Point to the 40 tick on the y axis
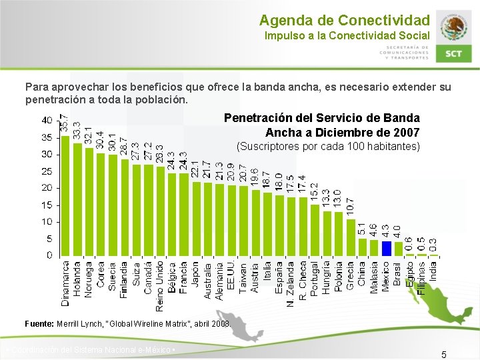(x=47, y=120)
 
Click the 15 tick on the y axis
(x=47, y=222)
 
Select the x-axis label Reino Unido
(x=160, y=283)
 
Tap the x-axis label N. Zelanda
(x=291, y=283)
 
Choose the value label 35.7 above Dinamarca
(x=65, y=122)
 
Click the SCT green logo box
(x=454, y=54)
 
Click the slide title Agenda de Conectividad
(x=345, y=21)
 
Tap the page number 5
(x=443, y=354)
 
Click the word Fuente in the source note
(x=39, y=323)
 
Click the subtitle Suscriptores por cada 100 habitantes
(x=329, y=146)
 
